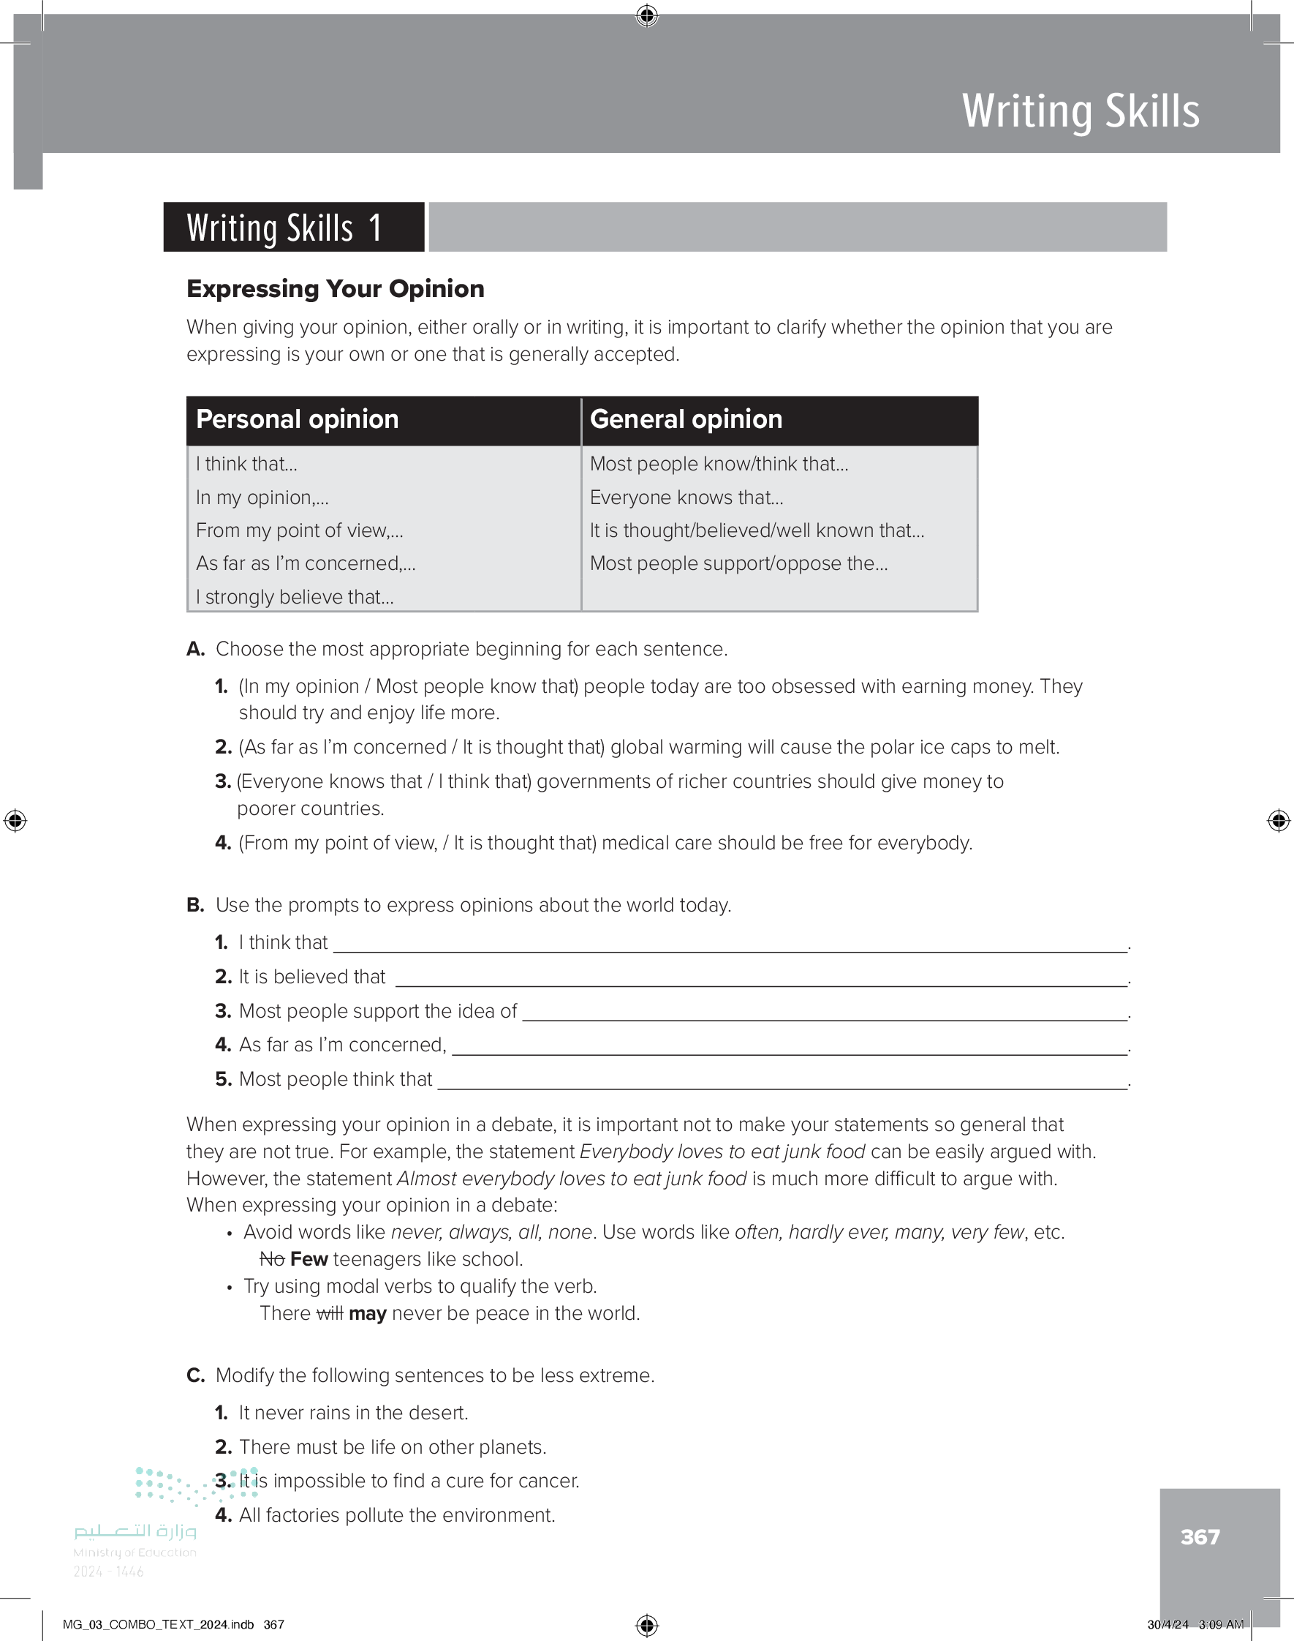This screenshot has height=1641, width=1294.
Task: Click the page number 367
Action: pos(1200,1536)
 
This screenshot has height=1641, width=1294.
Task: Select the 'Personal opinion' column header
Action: pos(297,419)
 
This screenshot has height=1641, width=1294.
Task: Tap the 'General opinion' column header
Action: pos(686,419)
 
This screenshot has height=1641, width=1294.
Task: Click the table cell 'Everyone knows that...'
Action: pos(686,497)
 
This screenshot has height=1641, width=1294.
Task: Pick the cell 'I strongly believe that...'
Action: pos(295,596)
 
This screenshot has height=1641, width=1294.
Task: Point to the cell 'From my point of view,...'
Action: pos(299,530)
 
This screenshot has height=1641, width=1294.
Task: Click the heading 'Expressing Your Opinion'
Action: pos(335,289)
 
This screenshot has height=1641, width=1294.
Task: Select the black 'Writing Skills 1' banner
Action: pos(293,228)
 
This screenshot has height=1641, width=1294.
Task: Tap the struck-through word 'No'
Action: pos(272,1259)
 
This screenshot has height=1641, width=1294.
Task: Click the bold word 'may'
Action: pos(368,1313)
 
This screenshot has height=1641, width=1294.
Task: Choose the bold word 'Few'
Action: pos(309,1259)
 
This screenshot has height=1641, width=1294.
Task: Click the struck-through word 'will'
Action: pos(330,1313)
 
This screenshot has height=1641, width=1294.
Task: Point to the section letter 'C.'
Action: pos(195,1375)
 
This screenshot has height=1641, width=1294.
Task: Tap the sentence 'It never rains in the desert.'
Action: pos(353,1413)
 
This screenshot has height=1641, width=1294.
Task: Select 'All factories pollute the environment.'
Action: pos(397,1515)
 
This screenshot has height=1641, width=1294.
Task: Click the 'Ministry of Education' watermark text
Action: pos(135,1552)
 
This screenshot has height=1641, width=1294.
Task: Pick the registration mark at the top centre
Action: pos(647,15)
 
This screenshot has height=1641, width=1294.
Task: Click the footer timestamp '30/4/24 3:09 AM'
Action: pos(1195,1624)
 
